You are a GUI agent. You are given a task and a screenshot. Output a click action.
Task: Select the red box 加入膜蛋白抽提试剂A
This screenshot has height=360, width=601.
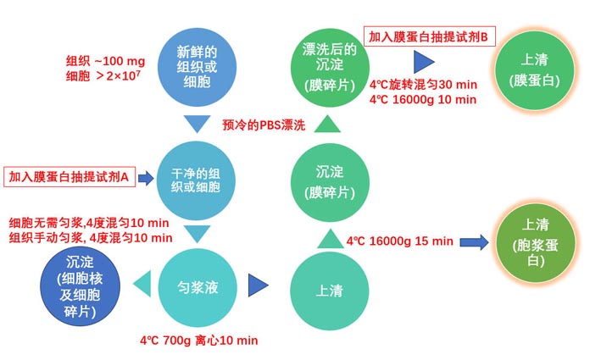(69, 177)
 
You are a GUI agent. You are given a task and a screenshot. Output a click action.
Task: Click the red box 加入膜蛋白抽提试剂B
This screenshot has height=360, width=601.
(431, 37)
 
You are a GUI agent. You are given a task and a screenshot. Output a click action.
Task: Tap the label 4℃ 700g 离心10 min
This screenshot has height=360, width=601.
(199, 341)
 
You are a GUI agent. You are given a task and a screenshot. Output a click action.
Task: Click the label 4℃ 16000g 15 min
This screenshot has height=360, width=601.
(400, 241)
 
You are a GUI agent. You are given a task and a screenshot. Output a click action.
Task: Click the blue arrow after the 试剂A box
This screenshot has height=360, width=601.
(145, 178)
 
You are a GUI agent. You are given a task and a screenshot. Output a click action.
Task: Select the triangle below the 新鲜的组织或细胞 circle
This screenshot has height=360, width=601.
(197, 125)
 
